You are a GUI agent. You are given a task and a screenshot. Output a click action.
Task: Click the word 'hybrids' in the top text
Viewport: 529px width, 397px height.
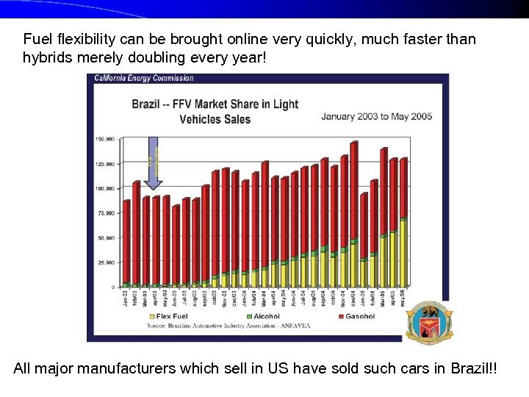(x=46, y=57)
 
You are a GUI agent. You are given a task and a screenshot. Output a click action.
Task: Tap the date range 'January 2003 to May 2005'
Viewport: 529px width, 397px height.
(x=376, y=116)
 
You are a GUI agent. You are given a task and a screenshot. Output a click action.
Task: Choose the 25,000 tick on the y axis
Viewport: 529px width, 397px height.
(x=105, y=262)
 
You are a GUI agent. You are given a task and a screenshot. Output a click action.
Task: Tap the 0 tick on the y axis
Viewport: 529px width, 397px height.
(x=112, y=287)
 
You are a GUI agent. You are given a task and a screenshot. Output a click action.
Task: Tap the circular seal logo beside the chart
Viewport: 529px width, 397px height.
(x=429, y=323)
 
